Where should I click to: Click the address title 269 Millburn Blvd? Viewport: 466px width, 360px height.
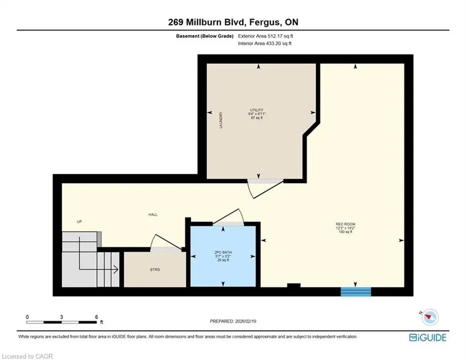tap(207, 22)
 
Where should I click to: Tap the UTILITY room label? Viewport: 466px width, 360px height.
tap(256, 110)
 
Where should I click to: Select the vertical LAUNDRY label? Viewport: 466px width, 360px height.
tap(220, 120)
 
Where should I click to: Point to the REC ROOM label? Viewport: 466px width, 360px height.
tap(345, 224)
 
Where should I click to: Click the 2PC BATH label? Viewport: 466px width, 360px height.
tap(223, 253)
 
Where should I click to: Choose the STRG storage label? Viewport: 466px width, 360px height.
tap(155, 270)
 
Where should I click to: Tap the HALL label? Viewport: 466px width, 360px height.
tap(153, 214)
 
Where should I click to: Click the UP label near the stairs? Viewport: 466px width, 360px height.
tap(79, 222)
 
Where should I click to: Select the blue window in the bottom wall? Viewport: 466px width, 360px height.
tap(356, 292)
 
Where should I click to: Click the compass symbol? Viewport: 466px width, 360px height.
tap(429, 317)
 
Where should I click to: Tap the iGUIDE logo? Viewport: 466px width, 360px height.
tap(428, 338)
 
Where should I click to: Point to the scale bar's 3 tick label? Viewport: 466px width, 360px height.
tap(62, 317)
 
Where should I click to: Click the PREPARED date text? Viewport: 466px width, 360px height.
tap(233, 321)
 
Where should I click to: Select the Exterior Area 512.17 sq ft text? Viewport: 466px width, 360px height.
tap(265, 36)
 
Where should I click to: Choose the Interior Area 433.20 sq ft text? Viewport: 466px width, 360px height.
tap(264, 44)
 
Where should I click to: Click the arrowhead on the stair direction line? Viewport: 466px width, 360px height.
tap(116, 270)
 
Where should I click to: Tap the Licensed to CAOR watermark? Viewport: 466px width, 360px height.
tap(27, 356)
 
